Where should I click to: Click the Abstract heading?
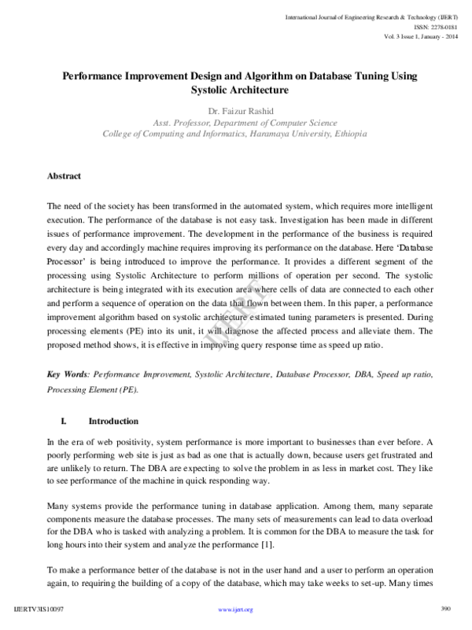[x=65, y=176]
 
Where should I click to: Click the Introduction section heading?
[x=113, y=421]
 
